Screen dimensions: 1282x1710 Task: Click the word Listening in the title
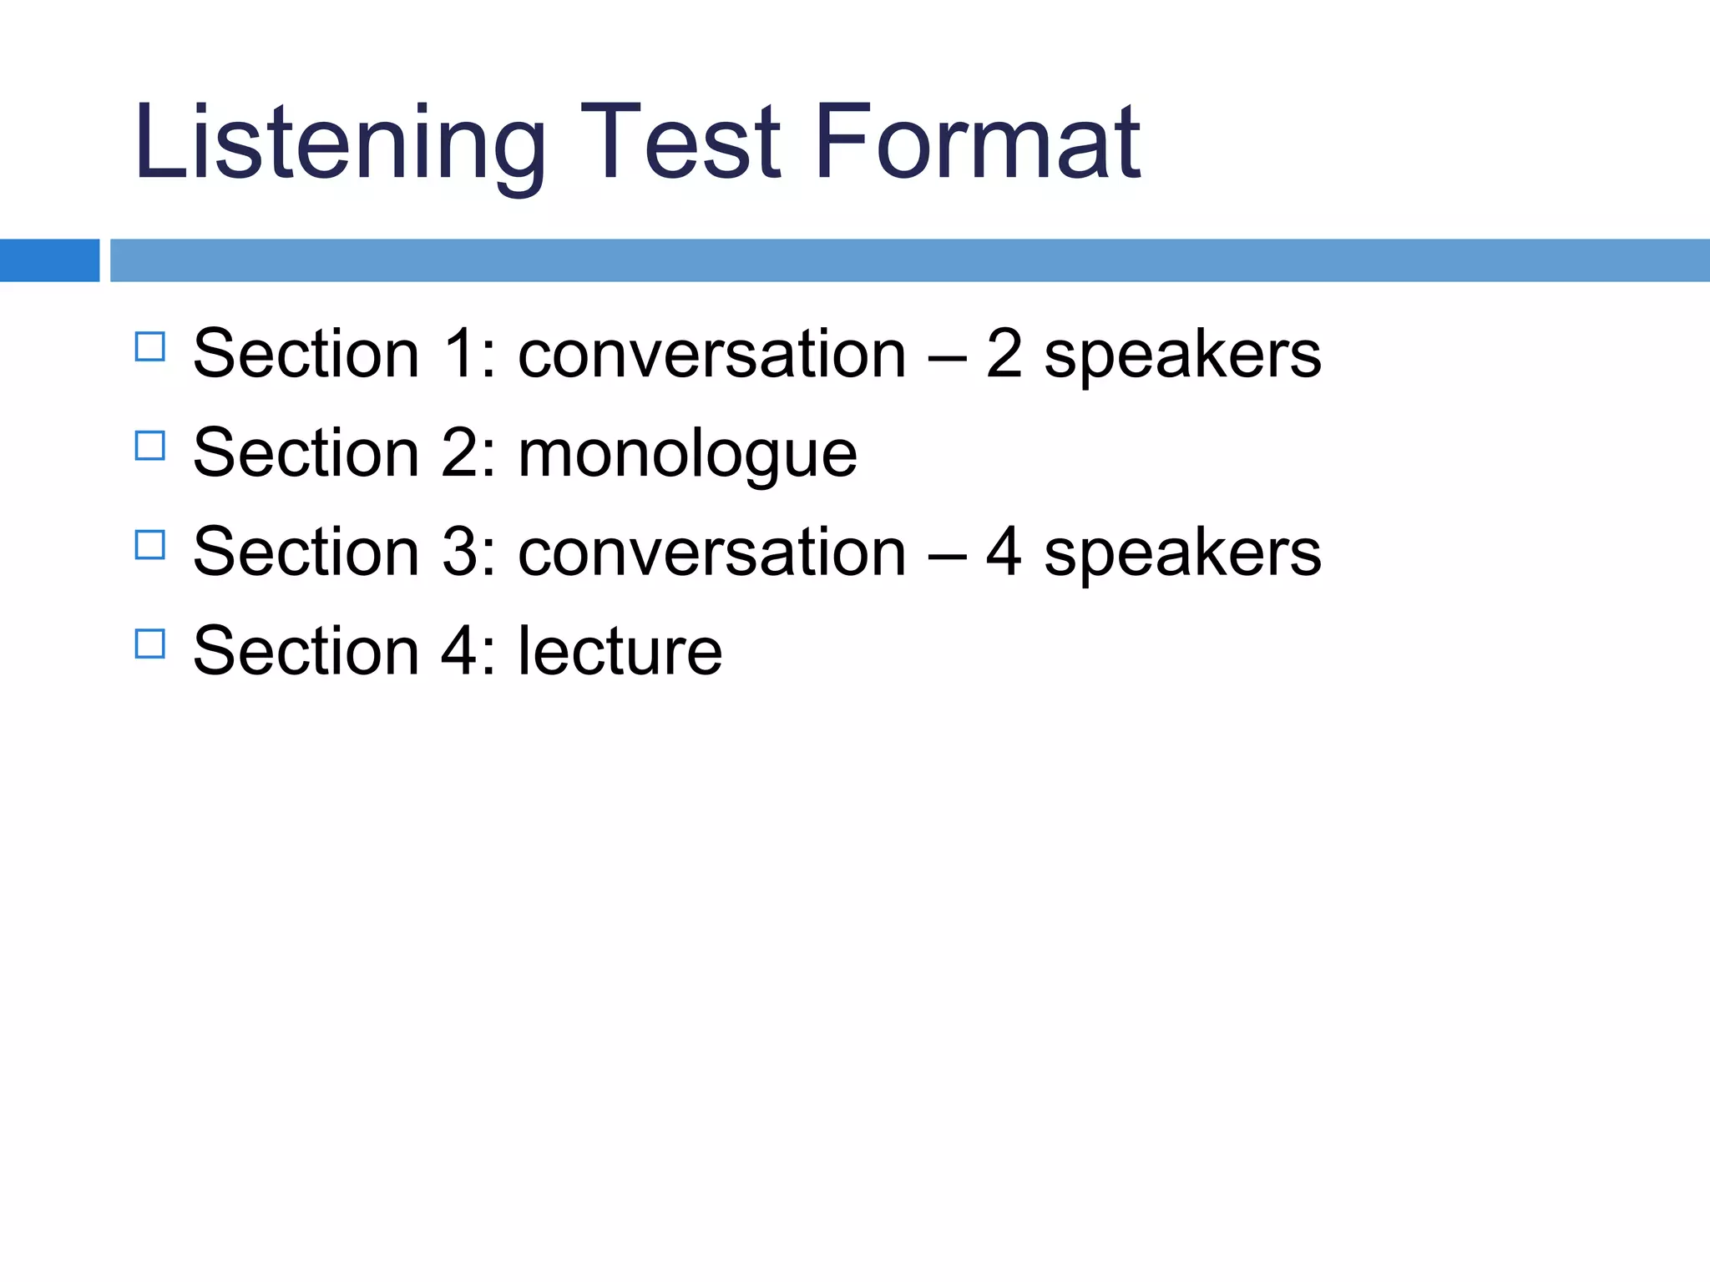tap(339, 142)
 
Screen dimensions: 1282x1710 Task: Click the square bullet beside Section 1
tap(149, 346)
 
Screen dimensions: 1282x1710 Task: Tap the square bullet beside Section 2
tap(149, 446)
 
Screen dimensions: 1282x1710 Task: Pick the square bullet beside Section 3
tap(149, 545)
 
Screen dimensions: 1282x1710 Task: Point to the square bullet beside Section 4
tap(149, 644)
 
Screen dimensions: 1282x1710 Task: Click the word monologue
tap(687, 455)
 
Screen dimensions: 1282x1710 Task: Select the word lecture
tap(620, 651)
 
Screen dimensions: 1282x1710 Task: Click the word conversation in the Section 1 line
tap(711, 354)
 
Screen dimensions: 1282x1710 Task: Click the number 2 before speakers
tap(1004, 353)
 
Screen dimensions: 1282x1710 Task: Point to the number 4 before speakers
tap(1004, 551)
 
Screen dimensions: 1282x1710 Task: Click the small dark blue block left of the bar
tap(49, 260)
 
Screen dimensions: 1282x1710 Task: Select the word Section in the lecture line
tap(306, 651)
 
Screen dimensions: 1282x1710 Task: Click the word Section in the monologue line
tap(306, 453)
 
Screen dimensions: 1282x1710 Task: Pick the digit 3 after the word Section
tap(460, 552)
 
